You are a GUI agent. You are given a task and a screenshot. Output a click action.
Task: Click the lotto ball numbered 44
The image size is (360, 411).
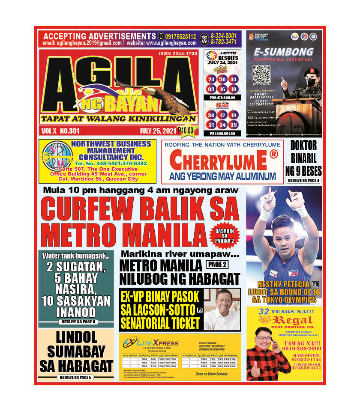(x=233, y=79)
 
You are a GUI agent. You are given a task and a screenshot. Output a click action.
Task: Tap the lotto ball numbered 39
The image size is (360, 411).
(x=233, y=125)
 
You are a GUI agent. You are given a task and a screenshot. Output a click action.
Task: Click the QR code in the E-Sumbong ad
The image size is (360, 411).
(x=261, y=74)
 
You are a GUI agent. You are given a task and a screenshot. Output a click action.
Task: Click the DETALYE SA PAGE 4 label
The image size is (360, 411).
(x=303, y=181)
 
